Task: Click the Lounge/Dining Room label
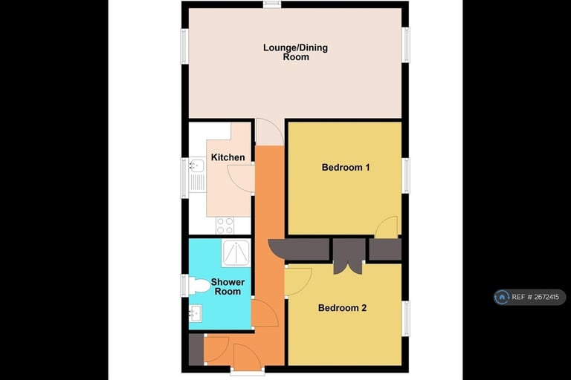tap(295, 52)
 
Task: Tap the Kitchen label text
tap(228, 157)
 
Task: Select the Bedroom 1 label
tap(346, 167)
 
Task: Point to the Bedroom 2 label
tap(342, 308)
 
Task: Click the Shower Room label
tap(228, 286)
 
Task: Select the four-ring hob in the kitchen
tap(225, 224)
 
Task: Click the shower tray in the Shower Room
tap(236, 253)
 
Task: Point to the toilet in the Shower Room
tap(198, 285)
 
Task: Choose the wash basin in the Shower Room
tap(195, 314)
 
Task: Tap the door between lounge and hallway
tap(269, 133)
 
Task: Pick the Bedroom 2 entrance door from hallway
tap(297, 280)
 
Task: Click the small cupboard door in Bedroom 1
tap(386, 228)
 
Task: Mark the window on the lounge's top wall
tap(272, 4)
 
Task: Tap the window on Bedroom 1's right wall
tap(406, 177)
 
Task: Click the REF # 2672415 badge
tap(529, 297)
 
